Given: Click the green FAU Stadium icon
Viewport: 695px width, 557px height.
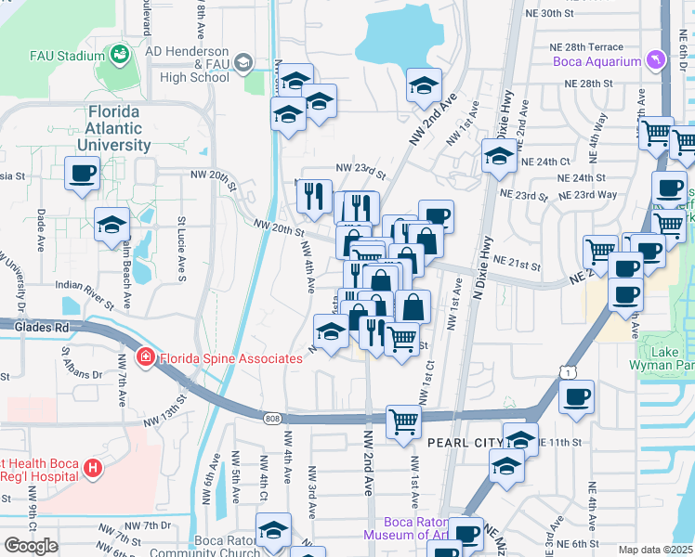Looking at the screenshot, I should tap(119, 56).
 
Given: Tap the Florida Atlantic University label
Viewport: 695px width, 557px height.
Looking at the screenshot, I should tap(114, 129).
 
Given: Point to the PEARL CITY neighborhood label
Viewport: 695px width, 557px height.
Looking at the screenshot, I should tap(463, 443).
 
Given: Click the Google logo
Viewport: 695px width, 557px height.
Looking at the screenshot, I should tap(31, 546).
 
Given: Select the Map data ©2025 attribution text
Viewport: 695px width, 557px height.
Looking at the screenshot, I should tap(656, 550).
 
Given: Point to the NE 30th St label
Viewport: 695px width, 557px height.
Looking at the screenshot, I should tap(563, 14).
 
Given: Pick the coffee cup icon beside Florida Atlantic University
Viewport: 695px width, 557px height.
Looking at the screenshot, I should tap(82, 172).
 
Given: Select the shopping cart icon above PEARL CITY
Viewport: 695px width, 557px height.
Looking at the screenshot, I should tap(403, 421).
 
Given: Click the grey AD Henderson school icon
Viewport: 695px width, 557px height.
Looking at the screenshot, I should tap(243, 62).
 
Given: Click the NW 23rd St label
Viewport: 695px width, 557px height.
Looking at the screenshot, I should tap(360, 169).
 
